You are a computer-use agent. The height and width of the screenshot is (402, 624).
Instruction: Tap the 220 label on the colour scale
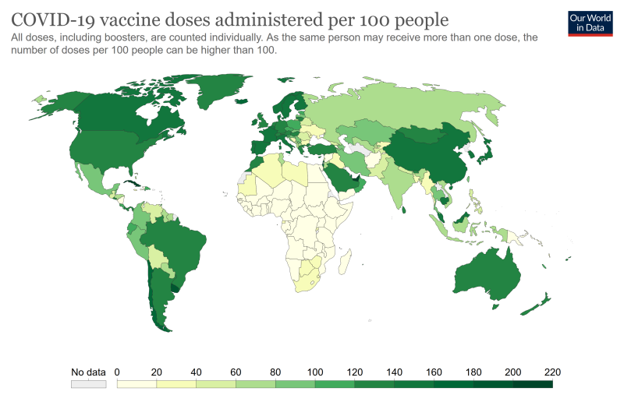[x=552, y=371]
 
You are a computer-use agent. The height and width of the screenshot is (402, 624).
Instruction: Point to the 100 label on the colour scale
[x=315, y=371]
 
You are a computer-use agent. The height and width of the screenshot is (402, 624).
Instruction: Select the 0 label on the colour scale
[x=117, y=371]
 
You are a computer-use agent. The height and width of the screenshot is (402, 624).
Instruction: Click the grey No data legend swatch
[x=88, y=384]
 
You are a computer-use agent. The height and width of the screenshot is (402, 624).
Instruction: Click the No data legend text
[x=88, y=371]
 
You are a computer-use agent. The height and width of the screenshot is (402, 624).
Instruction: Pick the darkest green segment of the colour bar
[x=533, y=384]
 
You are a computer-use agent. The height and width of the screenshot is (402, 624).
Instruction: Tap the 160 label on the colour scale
[x=434, y=371]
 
